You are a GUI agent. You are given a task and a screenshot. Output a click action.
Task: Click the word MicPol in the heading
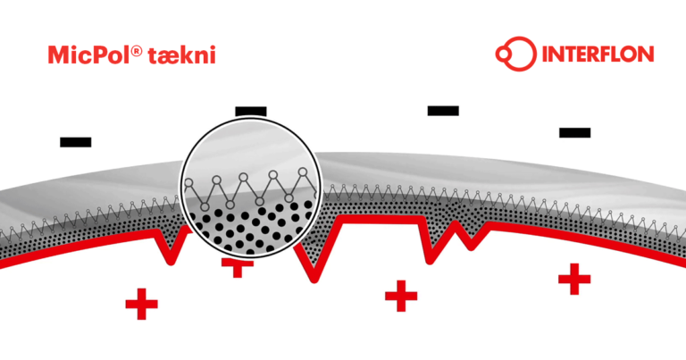tap(88, 55)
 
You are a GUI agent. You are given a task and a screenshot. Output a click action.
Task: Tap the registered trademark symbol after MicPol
tap(137, 51)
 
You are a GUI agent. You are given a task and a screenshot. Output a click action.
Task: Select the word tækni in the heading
tap(182, 55)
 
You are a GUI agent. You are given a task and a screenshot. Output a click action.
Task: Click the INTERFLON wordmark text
tap(598, 54)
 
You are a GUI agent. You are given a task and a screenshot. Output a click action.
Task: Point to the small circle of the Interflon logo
tap(503, 54)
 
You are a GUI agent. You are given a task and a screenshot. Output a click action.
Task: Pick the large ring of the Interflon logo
tap(519, 54)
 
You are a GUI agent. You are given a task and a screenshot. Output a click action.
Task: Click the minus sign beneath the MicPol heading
tap(76, 142)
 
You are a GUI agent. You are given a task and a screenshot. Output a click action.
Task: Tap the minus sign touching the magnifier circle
tap(251, 112)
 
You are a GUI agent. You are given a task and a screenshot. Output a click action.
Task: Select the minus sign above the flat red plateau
tap(443, 111)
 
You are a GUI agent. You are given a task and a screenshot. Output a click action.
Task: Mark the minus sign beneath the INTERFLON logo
tap(575, 132)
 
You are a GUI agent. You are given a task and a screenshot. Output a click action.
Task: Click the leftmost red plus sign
tap(141, 304)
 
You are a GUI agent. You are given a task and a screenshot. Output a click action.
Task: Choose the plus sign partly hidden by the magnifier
tap(238, 267)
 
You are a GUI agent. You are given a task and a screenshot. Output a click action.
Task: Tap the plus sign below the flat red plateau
tap(401, 297)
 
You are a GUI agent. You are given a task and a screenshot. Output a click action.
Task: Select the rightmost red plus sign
tap(574, 279)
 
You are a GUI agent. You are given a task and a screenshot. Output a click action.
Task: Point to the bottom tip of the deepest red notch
tap(314, 280)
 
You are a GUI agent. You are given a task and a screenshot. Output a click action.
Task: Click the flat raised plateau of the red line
tap(381, 219)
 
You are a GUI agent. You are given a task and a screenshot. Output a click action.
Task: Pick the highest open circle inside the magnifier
tap(302, 172)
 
